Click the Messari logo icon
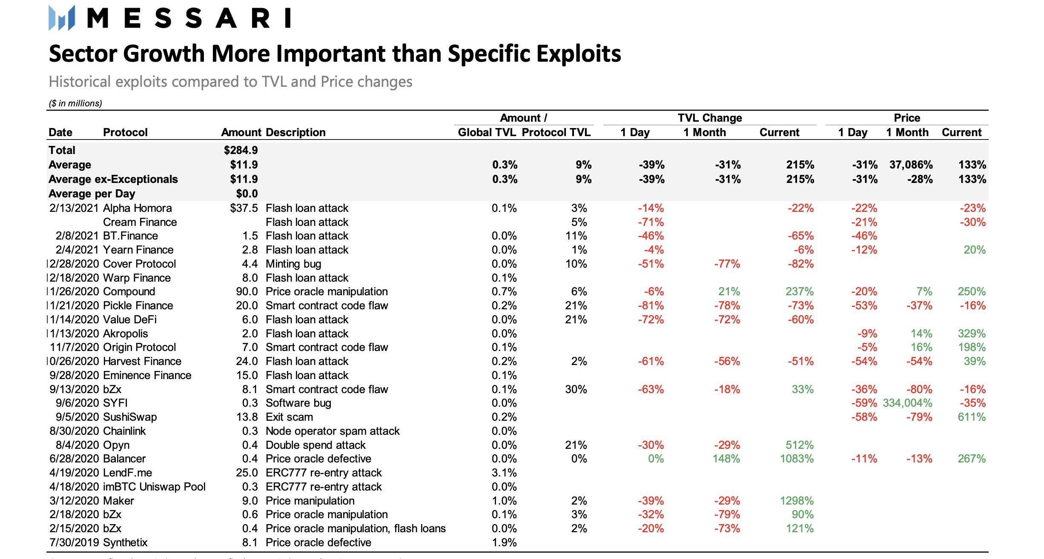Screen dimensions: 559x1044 [62, 18]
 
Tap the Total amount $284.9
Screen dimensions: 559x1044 [241, 150]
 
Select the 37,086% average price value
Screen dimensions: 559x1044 [911, 165]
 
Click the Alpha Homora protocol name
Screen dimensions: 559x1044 [138, 208]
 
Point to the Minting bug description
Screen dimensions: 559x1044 [293, 264]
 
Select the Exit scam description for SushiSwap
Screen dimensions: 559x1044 [289, 417]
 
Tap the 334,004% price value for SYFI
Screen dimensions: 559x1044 [907, 403]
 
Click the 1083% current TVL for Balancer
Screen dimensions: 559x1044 [797, 459]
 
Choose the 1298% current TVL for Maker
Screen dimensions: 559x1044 [797, 501]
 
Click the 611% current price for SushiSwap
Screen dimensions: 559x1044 [972, 417]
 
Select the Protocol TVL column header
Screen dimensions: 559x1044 [556, 132]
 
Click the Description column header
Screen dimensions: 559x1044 [295, 132]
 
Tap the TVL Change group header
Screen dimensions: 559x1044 [710, 118]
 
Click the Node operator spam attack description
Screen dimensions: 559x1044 [333, 431]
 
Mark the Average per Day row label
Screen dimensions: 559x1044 [92, 194]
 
